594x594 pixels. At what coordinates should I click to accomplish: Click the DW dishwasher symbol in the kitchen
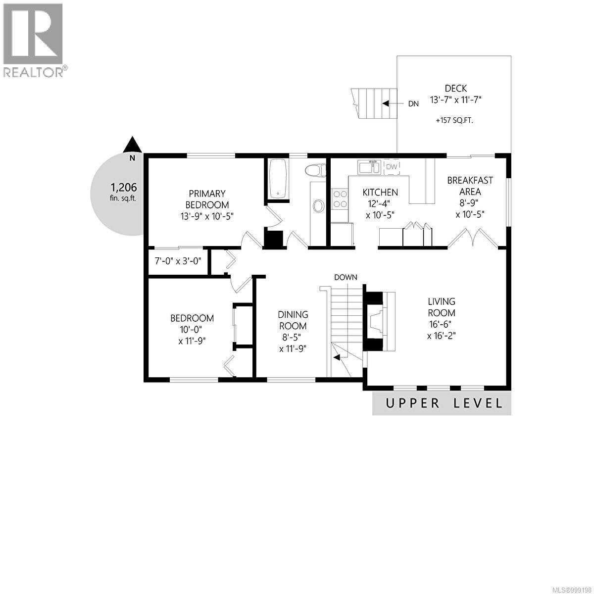pyautogui.click(x=392, y=167)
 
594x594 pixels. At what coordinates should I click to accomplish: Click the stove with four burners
pyautogui.click(x=340, y=198)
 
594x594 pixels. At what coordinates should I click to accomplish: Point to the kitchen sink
pyautogui.click(x=369, y=167)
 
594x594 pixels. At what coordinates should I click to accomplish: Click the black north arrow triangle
pyautogui.click(x=132, y=145)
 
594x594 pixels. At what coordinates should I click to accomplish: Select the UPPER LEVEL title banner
pyautogui.click(x=442, y=403)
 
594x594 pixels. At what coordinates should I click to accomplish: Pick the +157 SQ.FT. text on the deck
pyautogui.click(x=454, y=120)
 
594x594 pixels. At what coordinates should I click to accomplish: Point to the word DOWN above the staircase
pyautogui.click(x=346, y=277)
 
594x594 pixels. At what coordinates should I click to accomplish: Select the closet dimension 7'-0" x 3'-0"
pyautogui.click(x=178, y=260)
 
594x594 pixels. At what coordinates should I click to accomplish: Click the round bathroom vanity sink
pyautogui.click(x=319, y=206)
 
